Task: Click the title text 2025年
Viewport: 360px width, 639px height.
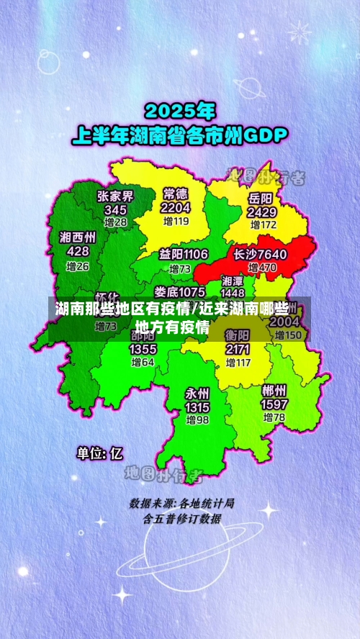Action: [x=181, y=111]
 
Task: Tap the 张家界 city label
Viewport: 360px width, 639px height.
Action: [x=115, y=196]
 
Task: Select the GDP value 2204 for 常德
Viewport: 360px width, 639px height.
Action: [x=176, y=207]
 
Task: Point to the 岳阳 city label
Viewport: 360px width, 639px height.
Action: [x=261, y=198]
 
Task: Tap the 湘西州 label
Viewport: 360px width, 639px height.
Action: [x=78, y=237]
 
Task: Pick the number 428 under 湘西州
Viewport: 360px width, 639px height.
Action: [x=78, y=251]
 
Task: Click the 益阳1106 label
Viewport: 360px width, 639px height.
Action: [x=184, y=254]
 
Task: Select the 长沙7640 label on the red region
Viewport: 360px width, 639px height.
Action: [x=260, y=254]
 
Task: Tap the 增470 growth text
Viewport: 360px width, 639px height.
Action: [x=261, y=268]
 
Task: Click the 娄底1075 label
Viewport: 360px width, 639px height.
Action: [x=179, y=291]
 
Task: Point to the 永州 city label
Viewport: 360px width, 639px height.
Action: [x=197, y=393]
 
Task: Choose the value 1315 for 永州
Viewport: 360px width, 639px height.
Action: [x=197, y=407]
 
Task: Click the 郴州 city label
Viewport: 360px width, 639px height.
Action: [x=274, y=391]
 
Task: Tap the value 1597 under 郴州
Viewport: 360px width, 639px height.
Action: [x=274, y=404]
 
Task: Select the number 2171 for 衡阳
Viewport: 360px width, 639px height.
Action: [x=237, y=349]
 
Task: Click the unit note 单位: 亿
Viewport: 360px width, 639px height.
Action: [x=100, y=453]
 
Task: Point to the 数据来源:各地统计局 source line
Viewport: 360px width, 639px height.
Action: [x=181, y=503]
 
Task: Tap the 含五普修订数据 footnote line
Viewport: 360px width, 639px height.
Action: [x=181, y=517]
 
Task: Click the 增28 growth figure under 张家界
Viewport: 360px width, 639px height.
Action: [x=115, y=223]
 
